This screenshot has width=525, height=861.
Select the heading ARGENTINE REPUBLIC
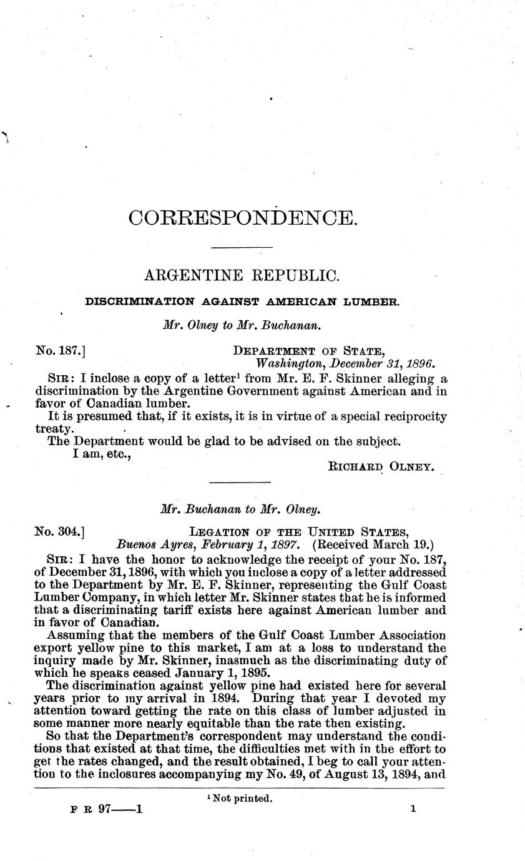coord(241,275)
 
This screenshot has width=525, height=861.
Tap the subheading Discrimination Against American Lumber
coord(242,302)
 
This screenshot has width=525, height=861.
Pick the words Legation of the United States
coord(300,532)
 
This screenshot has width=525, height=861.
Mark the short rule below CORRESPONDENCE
coord(243,248)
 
